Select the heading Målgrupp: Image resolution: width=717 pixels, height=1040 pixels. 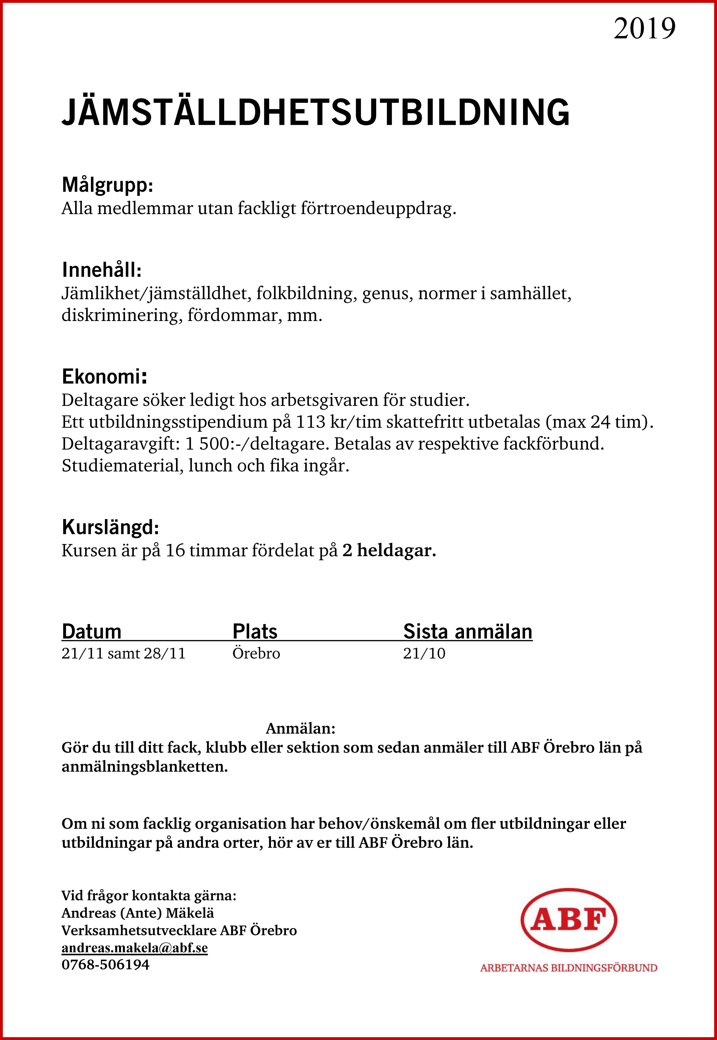coord(108,185)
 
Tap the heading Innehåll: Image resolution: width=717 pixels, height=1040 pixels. coord(102,270)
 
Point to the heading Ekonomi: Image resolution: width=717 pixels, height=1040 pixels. coord(104,376)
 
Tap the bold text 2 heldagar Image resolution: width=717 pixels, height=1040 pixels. coord(389,550)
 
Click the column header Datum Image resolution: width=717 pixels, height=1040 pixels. coord(92,631)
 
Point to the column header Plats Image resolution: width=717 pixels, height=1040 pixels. coord(255,631)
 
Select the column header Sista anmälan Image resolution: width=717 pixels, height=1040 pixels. coord(468,631)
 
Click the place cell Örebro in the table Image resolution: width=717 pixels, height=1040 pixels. coord(256,653)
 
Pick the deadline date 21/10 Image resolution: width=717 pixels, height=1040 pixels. coord(424,653)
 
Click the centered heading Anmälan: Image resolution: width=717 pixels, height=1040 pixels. coord(301,728)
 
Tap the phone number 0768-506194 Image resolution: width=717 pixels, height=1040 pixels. coord(106,965)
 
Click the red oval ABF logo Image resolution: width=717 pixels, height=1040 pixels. coord(569,920)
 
